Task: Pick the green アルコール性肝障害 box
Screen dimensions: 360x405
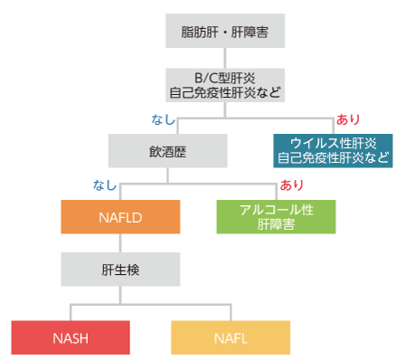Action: (276, 217)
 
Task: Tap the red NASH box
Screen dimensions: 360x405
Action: (70, 336)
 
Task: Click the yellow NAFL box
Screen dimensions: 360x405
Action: (230, 336)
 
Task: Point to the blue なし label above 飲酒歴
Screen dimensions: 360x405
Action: (162, 118)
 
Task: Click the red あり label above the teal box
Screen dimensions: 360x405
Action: (347, 118)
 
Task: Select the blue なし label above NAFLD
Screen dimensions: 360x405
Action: (106, 185)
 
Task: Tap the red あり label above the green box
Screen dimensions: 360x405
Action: (291, 185)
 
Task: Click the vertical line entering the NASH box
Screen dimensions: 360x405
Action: (70, 310)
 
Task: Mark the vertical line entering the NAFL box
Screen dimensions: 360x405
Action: (230, 310)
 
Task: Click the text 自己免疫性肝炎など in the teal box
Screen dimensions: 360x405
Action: (334, 158)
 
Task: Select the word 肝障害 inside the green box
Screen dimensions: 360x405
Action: (276, 225)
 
